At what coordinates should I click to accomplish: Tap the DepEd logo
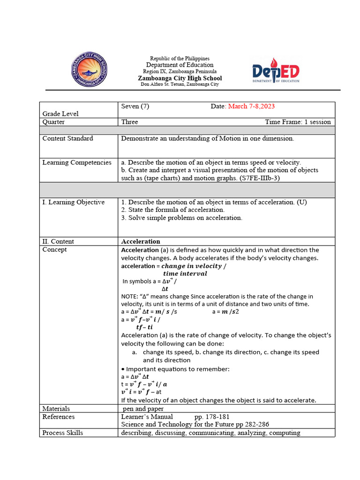(276, 73)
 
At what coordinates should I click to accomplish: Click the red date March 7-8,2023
(251, 106)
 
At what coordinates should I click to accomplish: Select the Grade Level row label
(60, 113)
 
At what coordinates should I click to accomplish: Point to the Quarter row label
(53, 122)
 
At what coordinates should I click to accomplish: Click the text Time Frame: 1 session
(298, 122)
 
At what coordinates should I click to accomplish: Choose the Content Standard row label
(67, 138)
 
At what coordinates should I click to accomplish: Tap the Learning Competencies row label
(77, 163)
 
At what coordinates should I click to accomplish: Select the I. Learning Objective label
(73, 202)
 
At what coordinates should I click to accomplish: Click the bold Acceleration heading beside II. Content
(141, 241)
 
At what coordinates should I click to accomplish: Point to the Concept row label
(54, 249)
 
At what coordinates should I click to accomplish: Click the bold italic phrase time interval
(185, 274)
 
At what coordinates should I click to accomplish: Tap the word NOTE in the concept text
(130, 297)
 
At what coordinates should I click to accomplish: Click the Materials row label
(56, 409)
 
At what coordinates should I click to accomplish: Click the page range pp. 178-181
(212, 417)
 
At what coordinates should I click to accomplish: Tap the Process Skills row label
(62, 433)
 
